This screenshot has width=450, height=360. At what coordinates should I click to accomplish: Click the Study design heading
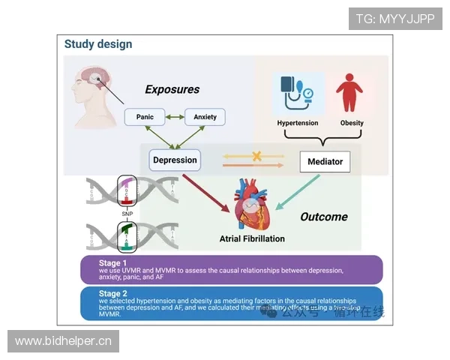click(x=98, y=44)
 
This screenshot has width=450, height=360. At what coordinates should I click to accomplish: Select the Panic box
click(x=145, y=117)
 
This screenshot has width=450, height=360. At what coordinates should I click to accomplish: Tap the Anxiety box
click(x=205, y=117)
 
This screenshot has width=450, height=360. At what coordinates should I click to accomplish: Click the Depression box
click(x=175, y=160)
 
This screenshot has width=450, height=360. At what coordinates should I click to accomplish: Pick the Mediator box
click(x=325, y=161)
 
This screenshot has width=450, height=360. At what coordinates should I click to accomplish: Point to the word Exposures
click(x=172, y=89)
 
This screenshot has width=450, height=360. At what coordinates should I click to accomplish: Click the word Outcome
click(x=324, y=217)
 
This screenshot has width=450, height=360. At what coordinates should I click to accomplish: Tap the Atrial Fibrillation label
click(x=252, y=239)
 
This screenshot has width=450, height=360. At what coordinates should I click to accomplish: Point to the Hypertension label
click(x=298, y=123)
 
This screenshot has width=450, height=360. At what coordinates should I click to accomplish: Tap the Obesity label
click(x=352, y=123)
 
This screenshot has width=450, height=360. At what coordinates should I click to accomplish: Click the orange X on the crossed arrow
click(x=256, y=157)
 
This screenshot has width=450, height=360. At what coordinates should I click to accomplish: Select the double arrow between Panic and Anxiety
click(x=175, y=117)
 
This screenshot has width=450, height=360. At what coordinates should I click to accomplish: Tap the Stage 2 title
click(x=114, y=293)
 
